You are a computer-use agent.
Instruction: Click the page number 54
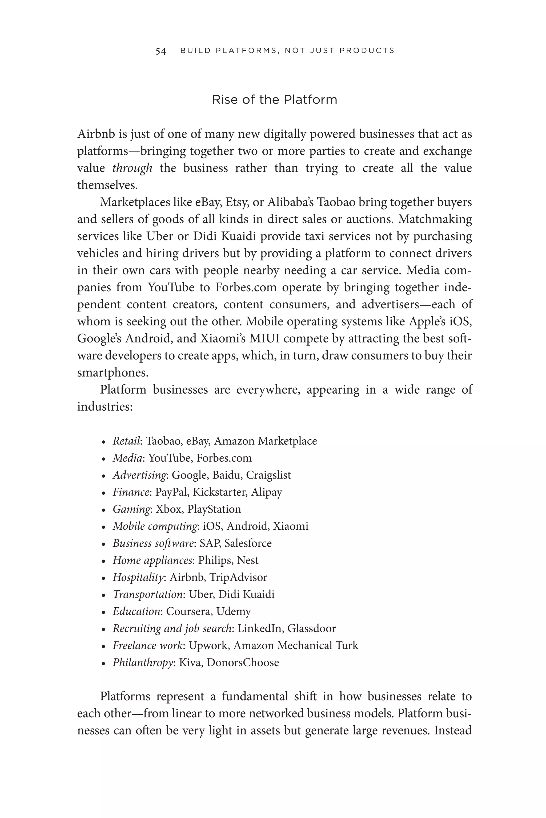160,51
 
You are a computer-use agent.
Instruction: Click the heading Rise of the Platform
274,100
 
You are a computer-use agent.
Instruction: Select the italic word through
132,168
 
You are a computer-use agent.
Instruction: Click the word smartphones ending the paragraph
113,373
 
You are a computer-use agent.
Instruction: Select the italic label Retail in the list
126,441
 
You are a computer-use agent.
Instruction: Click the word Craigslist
268,475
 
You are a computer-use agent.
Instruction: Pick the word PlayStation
214,509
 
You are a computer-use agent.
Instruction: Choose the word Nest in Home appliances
248,560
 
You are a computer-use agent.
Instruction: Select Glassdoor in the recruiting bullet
311,628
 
